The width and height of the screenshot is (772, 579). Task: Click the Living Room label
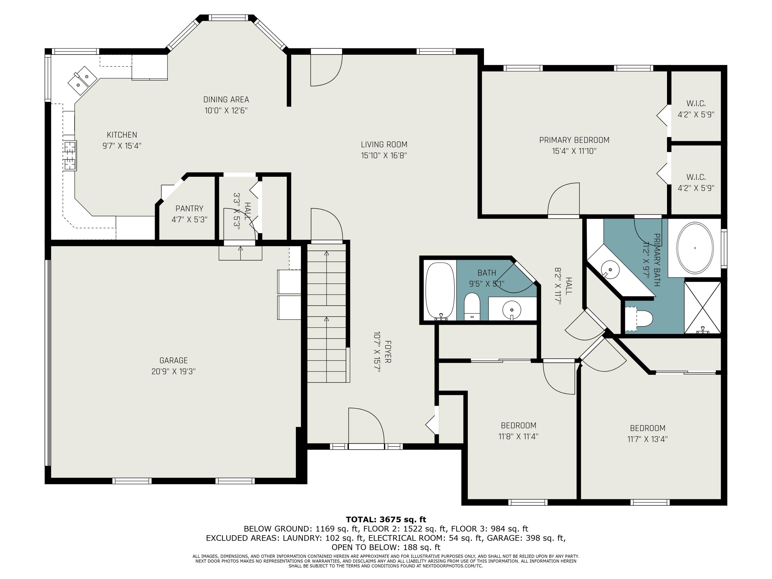click(x=384, y=144)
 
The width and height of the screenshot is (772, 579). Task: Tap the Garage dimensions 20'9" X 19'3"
click(x=173, y=371)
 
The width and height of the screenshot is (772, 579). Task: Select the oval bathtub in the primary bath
click(x=695, y=248)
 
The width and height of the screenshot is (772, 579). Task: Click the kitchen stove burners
click(x=70, y=156)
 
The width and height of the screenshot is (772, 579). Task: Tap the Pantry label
click(x=189, y=209)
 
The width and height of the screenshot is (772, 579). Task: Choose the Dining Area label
click(x=226, y=100)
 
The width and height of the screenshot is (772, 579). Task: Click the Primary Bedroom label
click(x=574, y=140)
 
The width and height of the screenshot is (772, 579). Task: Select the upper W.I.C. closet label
click(x=696, y=104)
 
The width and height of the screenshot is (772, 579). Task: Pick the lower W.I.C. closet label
click(x=696, y=177)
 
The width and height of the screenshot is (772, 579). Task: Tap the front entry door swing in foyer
click(x=366, y=426)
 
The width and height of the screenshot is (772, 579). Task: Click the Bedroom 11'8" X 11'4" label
click(x=518, y=425)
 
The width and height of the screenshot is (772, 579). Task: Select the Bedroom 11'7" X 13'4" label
click(x=647, y=428)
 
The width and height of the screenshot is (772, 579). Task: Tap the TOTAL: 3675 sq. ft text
click(x=386, y=520)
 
